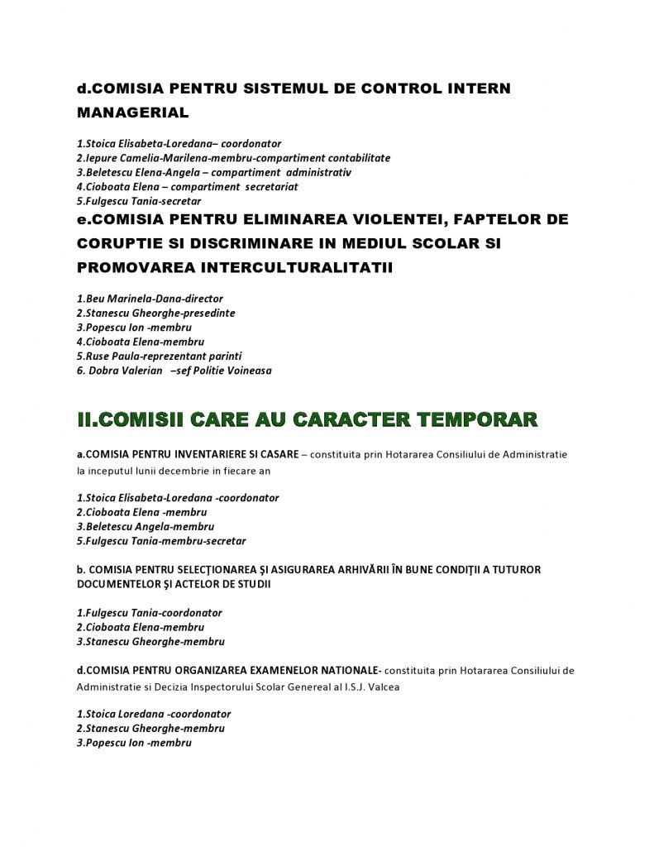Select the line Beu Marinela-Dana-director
tap(150, 299)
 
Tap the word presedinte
tap(207, 313)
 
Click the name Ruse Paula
tap(113, 357)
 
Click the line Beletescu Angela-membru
tap(146, 527)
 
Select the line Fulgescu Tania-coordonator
tap(149, 613)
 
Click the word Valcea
tap(383, 687)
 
